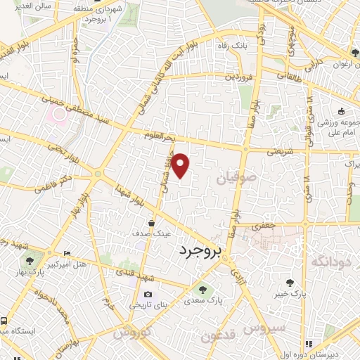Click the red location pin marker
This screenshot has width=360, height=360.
coord(181,165)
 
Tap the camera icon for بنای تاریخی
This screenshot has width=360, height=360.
coord(148,295)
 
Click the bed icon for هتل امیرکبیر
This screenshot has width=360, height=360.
coord(67,253)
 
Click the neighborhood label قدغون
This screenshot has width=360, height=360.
coord(215,337)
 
